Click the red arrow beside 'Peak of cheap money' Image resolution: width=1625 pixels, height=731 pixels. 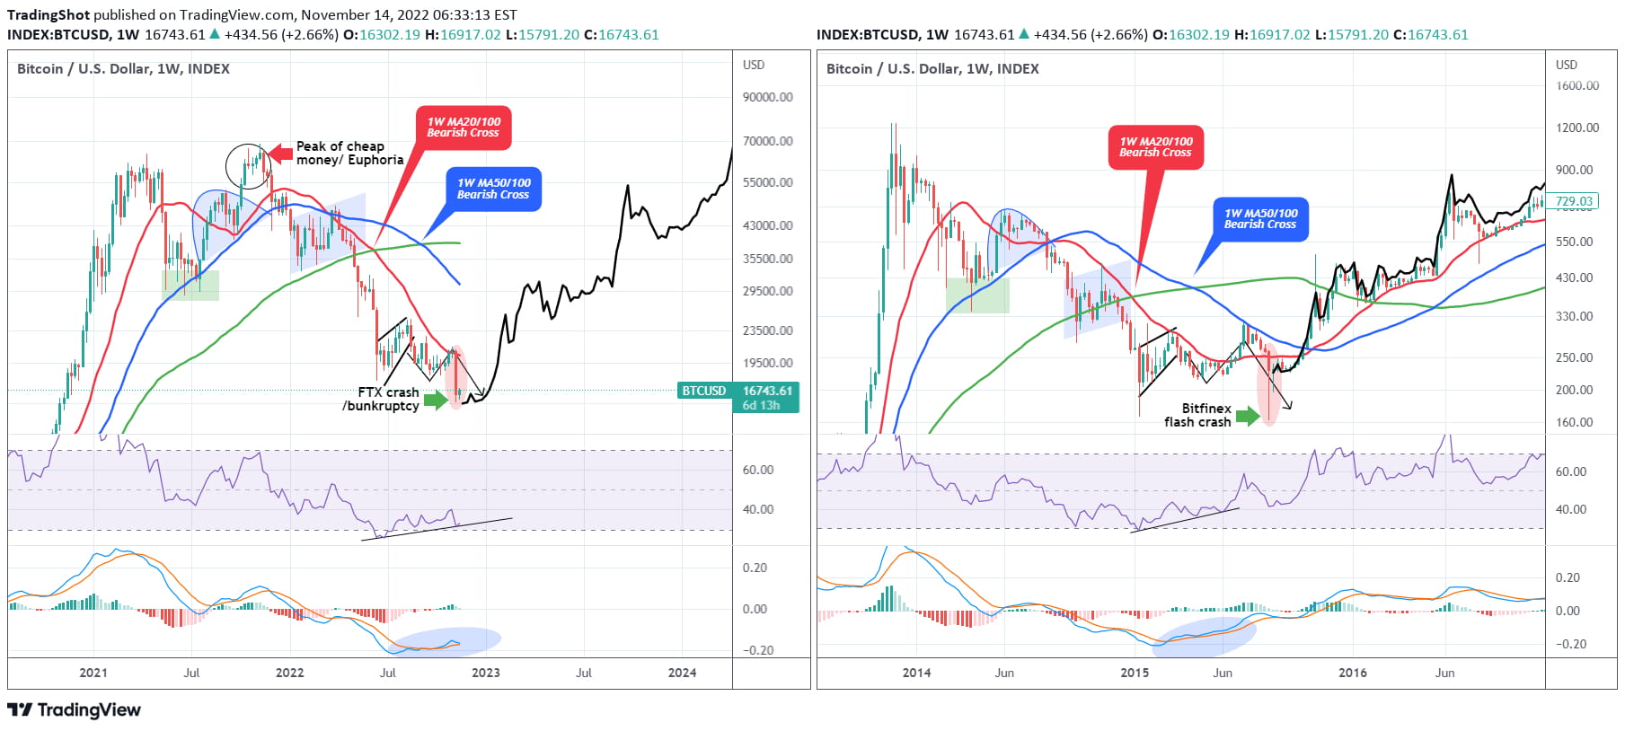click(281, 153)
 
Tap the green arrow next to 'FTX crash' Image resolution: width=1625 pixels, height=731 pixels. click(436, 400)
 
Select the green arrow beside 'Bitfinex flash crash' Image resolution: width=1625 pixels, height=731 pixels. click(1248, 416)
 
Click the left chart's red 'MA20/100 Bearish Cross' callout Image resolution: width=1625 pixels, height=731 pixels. click(464, 128)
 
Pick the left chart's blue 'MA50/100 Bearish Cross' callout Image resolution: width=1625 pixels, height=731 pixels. click(493, 189)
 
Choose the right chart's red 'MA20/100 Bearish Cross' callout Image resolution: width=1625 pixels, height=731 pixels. click(1155, 147)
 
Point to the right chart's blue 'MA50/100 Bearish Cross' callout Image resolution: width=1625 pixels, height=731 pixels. click(1260, 219)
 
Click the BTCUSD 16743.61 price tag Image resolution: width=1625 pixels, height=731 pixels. click(737, 398)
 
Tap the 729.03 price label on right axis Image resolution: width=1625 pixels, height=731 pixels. click(1573, 202)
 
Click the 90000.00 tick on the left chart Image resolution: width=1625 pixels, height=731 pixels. click(767, 97)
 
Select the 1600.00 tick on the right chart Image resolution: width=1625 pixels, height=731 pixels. click(1577, 85)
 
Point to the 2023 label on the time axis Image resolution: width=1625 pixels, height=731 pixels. click(485, 673)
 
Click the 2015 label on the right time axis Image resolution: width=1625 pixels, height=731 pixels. click(1135, 673)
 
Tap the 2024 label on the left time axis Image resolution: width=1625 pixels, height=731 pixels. click(682, 673)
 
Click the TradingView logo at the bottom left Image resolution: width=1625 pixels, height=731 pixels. click(74, 710)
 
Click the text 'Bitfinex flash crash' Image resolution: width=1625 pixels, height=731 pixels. click(1197, 415)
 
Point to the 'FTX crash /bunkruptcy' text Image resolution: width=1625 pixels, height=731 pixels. click(380, 399)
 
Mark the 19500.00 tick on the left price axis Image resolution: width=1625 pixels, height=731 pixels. click(767, 363)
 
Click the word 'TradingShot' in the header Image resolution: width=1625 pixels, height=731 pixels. click(49, 14)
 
